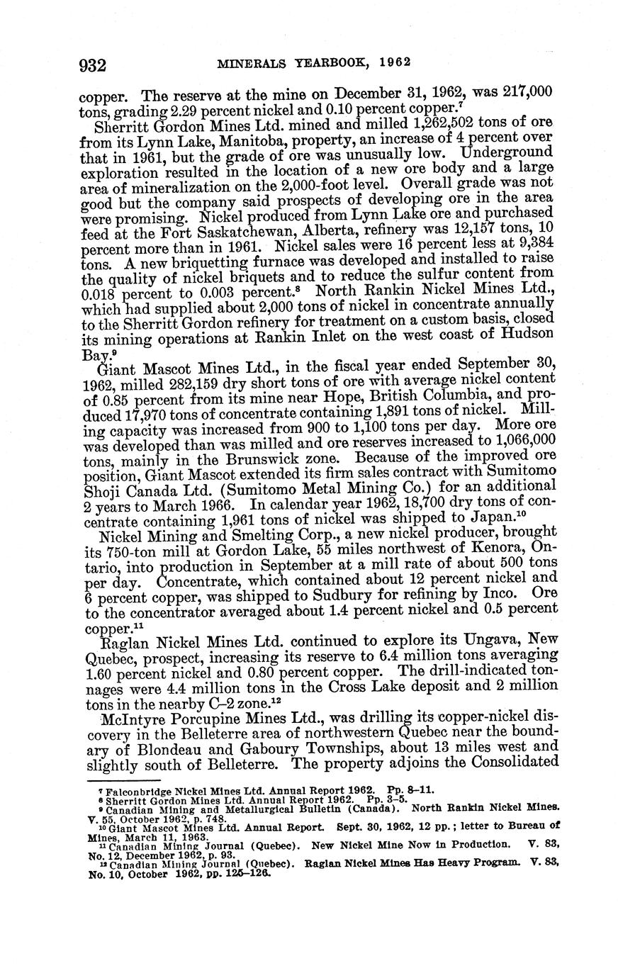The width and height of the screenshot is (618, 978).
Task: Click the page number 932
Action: coord(92,65)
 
